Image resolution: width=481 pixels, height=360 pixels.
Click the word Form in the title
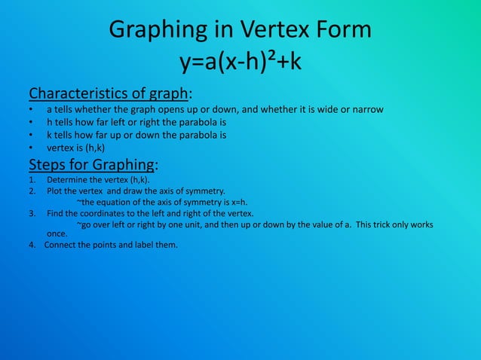tap(341, 30)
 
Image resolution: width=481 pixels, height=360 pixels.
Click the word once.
tap(57, 234)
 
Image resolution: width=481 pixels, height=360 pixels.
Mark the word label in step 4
tap(145, 245)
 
